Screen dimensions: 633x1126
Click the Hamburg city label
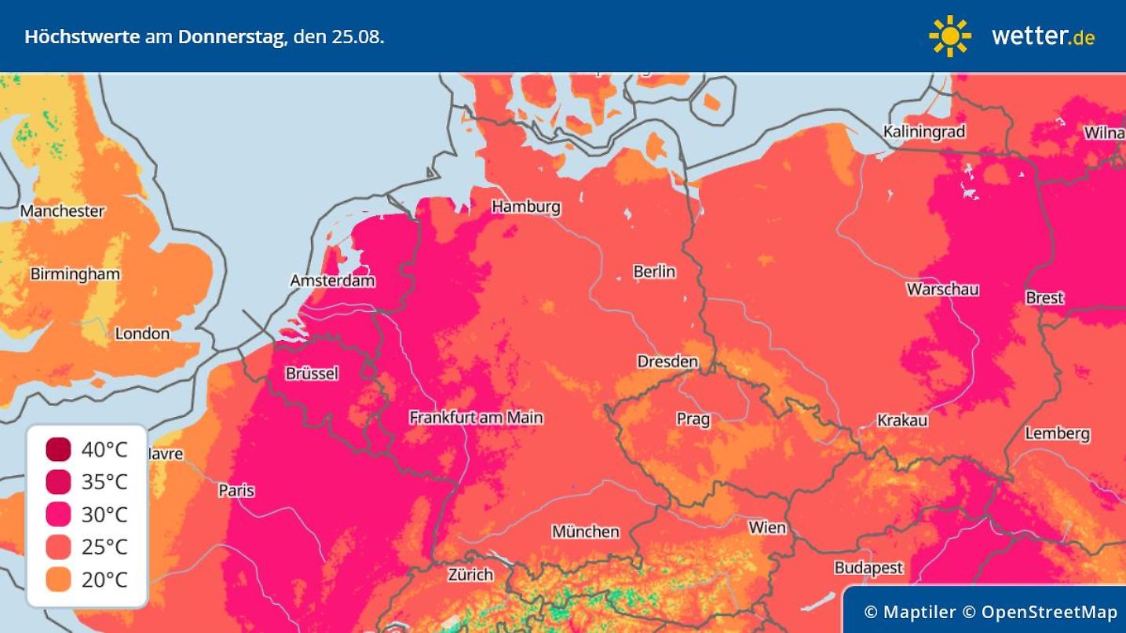pyautogui.click(x=525, y=207)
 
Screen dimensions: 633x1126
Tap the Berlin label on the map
pyautogui.click(x=654, y=272)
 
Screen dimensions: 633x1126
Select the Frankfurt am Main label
pyautogui.click(x=476, y=418)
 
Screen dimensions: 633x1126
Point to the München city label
pyautogui.click(x=585, y=532)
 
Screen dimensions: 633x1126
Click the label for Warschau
pyautogui.click(x=942, y=289)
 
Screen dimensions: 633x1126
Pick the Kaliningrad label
pyautogui.click(x=923, y=131)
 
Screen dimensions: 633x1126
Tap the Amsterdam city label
pyautogui.click(x=332, y=280)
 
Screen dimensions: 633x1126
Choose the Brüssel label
pyautogui.click(x=312, y=374)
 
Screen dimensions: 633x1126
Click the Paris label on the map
pyautogui.click(x=236, y=490)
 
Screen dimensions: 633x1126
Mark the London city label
pyautogui.click(x=142, y=334)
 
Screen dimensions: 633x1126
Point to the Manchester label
pyautogui.click(x=62, y=210)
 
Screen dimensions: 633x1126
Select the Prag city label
pyautogui.click(x=693, y=419)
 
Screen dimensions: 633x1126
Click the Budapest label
pyautogui.click(x=868, y=567)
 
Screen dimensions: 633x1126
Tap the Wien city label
pyautogui.click(x=766, y=527)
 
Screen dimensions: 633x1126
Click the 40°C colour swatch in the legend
pyautogui.click(x=58, y=450)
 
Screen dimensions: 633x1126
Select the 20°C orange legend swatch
pyautogui.click(x=58, y=580)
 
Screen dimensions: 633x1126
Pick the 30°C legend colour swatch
pyautogui.click(x=58, y=514)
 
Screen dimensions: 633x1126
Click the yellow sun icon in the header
pyautogui.click(x=949, y=36)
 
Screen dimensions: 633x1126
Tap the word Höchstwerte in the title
pyautogui.click(x=82, y=36)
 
